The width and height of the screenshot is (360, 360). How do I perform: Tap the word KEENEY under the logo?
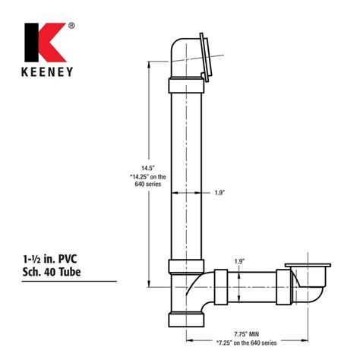[x=47, y=72]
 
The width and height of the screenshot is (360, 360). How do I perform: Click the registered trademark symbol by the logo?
[x=71, y=26]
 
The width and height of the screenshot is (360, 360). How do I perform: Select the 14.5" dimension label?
[x=148, y=168]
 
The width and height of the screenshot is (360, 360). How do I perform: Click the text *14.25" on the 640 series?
[x=148, y=180]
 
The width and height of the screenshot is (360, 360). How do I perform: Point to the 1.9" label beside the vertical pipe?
[x=219, y=193]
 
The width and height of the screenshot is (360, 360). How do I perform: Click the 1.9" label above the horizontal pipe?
[x=239, y=261]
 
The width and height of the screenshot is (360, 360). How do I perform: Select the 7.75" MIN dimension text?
[x=246, y=334]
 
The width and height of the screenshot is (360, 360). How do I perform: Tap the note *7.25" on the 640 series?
[x=246, y=343]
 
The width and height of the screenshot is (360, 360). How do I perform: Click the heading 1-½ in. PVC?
[x=49, y=259]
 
